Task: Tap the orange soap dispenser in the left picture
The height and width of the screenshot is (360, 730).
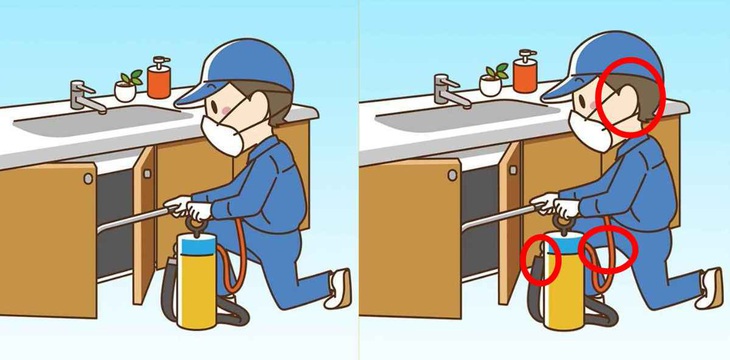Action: pyautogui.click(x=158, y=77)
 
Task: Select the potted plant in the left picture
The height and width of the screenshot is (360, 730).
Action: pyautogui.click(x=127, y=87)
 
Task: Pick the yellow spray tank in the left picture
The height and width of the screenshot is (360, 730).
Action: pyautogui.click(x=199, y=285)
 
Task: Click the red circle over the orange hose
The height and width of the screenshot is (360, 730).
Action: pyautogui.click(x=607, y=249)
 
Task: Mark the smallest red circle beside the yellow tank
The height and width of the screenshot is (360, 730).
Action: pyautogui.click(x=539, y=259)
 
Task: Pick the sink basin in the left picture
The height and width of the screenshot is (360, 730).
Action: pyautogui.click(x=100, y=122)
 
